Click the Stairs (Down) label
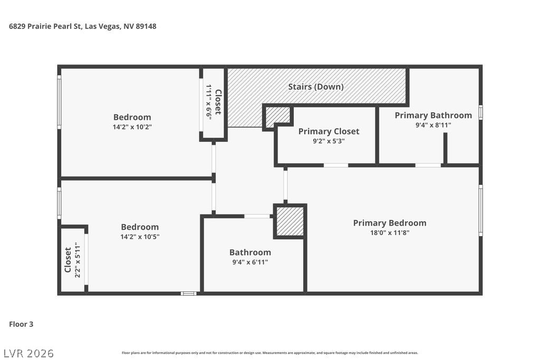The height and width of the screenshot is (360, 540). (x=316, y=87)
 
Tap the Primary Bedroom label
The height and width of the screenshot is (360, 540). (x=390, y=223)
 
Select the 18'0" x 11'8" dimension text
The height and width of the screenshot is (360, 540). (x=390, y=232)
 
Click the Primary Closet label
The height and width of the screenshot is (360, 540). (x=329, y=131)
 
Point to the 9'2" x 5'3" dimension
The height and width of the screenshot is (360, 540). (x=329, y=141)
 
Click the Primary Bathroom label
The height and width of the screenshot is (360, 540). (x=433, y=115)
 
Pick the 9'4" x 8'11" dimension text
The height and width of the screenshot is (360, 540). (x=433, y=125)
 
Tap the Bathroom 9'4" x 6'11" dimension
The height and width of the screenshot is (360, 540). (x=250, y=262)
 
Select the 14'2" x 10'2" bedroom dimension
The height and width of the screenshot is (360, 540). (x=132, y=127)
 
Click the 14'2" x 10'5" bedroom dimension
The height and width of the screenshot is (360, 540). (x=140, y=237)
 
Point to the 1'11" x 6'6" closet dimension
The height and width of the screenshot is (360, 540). (x=209, y=102)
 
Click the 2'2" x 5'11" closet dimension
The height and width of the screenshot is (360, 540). (x=78, y=260)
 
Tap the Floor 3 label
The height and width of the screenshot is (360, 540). (x=21, y=324)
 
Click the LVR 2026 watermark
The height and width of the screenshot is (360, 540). (x=29, y=354)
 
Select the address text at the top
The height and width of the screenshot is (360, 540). (x=83, y=26)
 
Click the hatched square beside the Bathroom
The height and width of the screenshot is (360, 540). (x=290, y=221)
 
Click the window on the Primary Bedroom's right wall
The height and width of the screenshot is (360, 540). (x=480, y=210)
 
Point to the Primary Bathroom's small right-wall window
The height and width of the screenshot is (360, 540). (x=480, y=113)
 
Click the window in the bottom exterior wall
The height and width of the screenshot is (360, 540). (x=189, y=294)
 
